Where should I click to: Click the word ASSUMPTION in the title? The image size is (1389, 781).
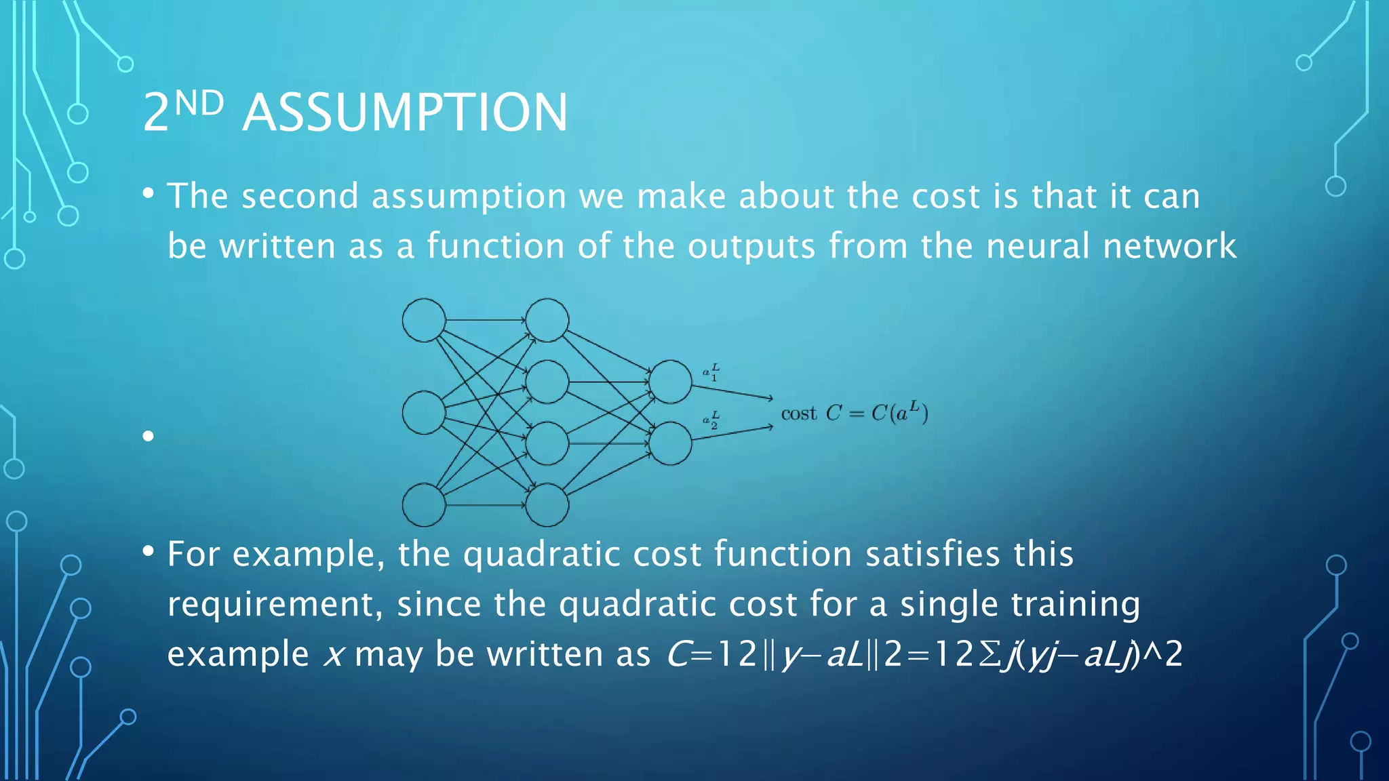pyautogui.click(x=405, y=113)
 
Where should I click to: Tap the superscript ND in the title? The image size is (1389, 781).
pyautogui.click(x=199, y=103)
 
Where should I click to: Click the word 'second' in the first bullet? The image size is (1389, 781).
pyautogui.click(x=300, y=197)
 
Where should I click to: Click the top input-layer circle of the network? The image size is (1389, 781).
pyautogui.click(x=424, y=320)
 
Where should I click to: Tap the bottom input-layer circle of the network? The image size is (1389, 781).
pyautogui.click(x=424, y=505)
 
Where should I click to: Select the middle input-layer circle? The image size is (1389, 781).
pyautogui.click(x=424, y=412)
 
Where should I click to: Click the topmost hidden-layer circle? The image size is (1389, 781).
pyautogui.click(x=547, y=320)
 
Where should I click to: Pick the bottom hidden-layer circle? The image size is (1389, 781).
pyautogui.click(x=547, y=505)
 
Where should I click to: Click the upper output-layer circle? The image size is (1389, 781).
pyautogui.click(x=670, y=382)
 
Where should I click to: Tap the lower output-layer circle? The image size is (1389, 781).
pyautogui.click(x=670, y=443)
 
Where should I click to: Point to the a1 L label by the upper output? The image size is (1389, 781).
pyautogui.click(x=711, y=372)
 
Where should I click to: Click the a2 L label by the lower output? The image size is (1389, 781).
pyautogui.click(x=711, y=420)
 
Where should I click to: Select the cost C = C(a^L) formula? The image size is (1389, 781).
pyautogui.click(x=854, y=412)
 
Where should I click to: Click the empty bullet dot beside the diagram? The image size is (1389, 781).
pyautogui.click(x=149, y=436)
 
